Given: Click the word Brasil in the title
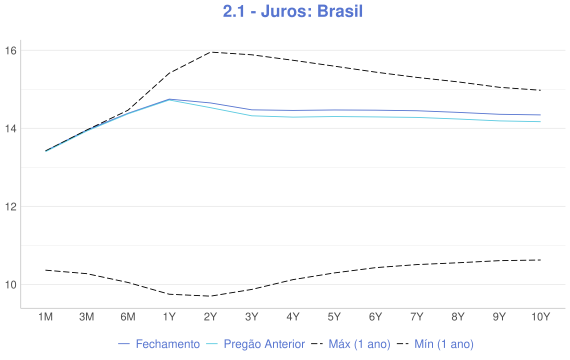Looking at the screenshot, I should [x=339, y=13].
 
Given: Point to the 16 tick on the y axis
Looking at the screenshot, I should [x=11, y=50].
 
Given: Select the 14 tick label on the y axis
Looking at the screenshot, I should [x=11, y=128].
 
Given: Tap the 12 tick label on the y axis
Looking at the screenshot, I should [x=11, y=207].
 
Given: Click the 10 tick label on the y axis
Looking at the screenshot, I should [x=11, y=285].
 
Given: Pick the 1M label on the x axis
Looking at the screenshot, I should [x=45, y=317].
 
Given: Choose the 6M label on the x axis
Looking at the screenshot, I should [x=127, y=317].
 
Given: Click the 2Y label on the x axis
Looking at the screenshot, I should [x=210, y=317].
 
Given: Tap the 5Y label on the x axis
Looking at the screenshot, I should [x=334, y=317].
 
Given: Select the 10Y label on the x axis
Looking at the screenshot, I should [x=540, y=317].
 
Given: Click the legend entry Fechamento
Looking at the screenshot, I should [x=159, y=344].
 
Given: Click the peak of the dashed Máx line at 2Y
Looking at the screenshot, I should [x=210, y=52].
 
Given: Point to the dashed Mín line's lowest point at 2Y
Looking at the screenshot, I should [x=210, y=296].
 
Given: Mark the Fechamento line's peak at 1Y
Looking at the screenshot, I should [x=169, y=99].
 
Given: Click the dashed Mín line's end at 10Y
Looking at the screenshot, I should [x=540, y=260].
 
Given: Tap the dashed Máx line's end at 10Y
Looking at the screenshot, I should [x=540, y=90].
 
